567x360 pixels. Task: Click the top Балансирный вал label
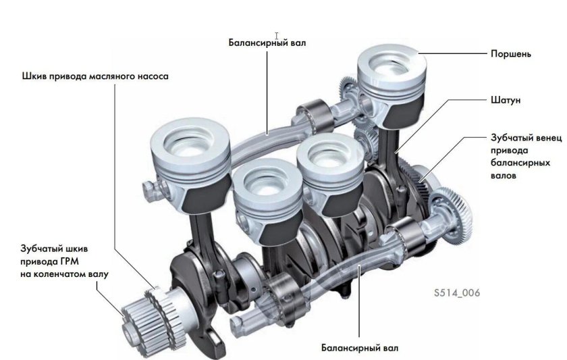pyautogui.click(x=267, y=43)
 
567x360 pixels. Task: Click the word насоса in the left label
pyautogui.click(x=151, y=76)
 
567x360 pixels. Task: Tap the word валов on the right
pyautogui.click(x=504, y=176)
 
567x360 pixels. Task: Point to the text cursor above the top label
pyautogui.click(x=277, y=35)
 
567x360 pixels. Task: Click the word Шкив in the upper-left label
pyautogui.click(x=34, y=76)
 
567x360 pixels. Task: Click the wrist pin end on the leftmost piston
pyautogui.click(x=148, y=184)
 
